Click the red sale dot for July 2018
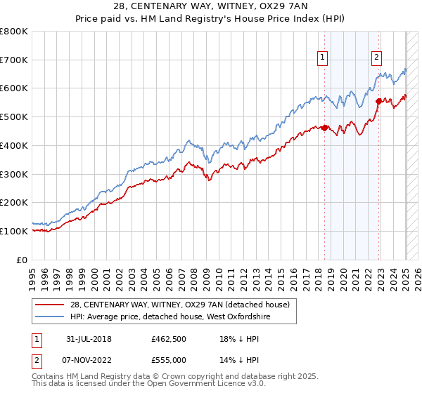coord(325,128)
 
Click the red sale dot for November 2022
coord(378,101)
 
